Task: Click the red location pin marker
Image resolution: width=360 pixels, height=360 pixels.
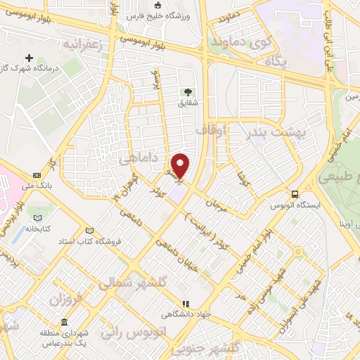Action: click(x=181, y=165)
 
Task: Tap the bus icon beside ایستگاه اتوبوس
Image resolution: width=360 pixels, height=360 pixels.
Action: click(x=295, y=193)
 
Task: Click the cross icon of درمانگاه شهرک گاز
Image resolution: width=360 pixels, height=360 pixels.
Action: click(x=29, y=58)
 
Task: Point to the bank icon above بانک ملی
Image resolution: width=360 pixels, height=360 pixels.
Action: click(x=37, y=176)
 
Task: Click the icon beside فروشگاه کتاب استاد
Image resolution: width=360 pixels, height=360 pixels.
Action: click(x=89, y=231)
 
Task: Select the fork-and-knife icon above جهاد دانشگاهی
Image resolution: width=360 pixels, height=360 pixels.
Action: click(x=186, y=304)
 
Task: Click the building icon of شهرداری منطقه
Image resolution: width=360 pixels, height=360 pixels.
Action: click(x=64, y=322)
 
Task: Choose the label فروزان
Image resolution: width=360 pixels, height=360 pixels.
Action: click(x=66, y=298)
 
